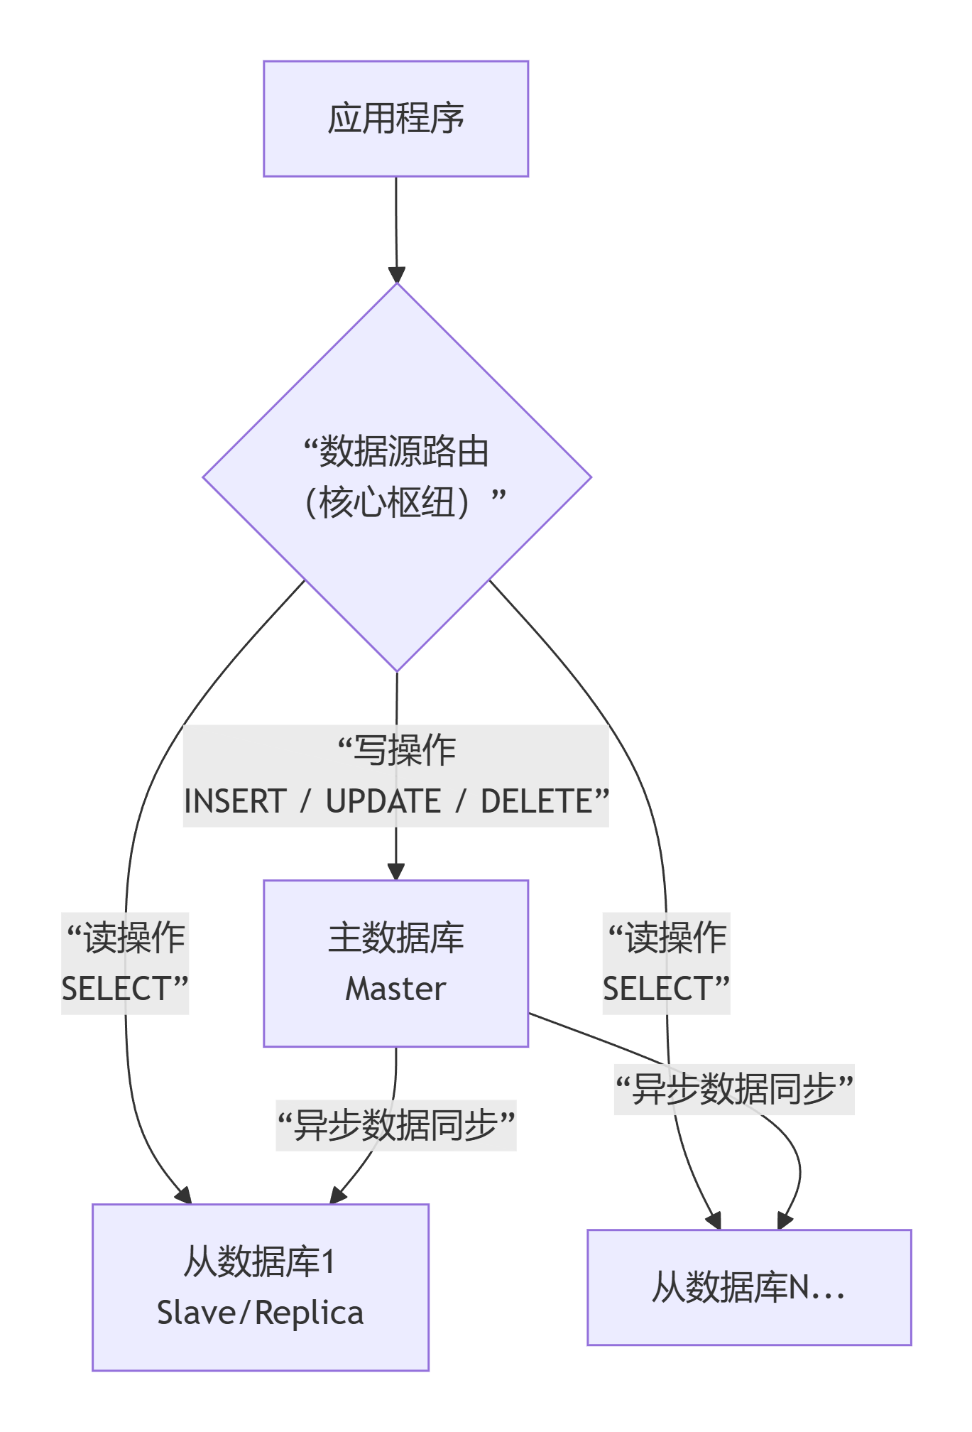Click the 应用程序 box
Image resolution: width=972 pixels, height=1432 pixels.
click(395, 119)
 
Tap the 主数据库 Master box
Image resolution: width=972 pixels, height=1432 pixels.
click(395, 962)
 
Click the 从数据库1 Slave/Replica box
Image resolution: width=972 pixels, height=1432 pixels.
click(260, 1286)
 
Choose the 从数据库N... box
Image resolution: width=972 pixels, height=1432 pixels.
click(749, 1287)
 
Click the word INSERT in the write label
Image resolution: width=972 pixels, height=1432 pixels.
click(235, 801)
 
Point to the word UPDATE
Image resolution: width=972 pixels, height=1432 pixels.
click(383, 801)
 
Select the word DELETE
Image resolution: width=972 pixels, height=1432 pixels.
click(537, 801)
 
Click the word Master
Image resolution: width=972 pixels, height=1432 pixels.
click(395, 989)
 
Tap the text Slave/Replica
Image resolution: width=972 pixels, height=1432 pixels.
click(260, 1313)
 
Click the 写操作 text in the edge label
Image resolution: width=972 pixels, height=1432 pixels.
click(405, 750)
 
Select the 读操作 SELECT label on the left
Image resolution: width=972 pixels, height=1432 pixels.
click(125, 963)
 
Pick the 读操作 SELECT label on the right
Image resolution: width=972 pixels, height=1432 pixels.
click(666, 963)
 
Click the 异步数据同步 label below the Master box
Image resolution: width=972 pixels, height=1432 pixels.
click(396, 1125)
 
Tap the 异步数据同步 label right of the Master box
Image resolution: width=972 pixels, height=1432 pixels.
click(734, 1089)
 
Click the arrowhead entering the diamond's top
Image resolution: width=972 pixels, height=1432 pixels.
click(397, 275)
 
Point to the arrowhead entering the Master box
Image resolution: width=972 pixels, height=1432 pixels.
click(396, 872)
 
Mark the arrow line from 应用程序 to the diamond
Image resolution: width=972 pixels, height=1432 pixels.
click(396, 220)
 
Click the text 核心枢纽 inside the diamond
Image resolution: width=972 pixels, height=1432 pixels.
click(386, 503)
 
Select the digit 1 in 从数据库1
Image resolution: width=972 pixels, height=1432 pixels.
click(327, 1262)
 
